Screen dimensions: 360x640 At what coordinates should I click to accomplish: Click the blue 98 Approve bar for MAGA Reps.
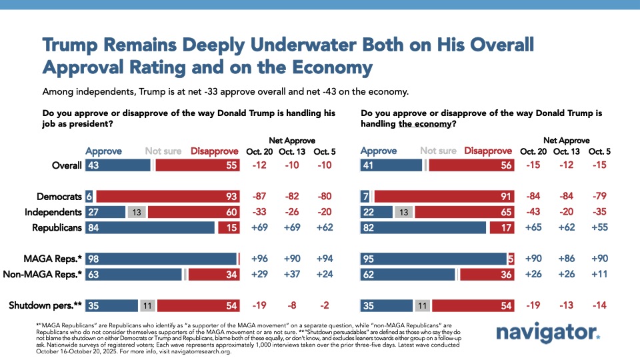pos(161,259)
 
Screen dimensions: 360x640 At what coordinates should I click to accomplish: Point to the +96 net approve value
pos(261,259)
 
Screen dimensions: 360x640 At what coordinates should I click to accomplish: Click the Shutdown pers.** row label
pos(45,305)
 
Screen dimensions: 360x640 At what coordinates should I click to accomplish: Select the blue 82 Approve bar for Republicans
pos(423,227)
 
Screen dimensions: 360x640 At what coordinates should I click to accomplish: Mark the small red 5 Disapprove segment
pos(511,259)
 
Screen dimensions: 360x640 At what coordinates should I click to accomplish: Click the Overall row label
pos(66,165)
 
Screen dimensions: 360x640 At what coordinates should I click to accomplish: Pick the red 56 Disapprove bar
pos(472,165)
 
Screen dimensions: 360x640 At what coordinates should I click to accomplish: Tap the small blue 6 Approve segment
pos(89,197)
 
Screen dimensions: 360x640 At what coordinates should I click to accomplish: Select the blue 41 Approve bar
pos(391,165)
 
